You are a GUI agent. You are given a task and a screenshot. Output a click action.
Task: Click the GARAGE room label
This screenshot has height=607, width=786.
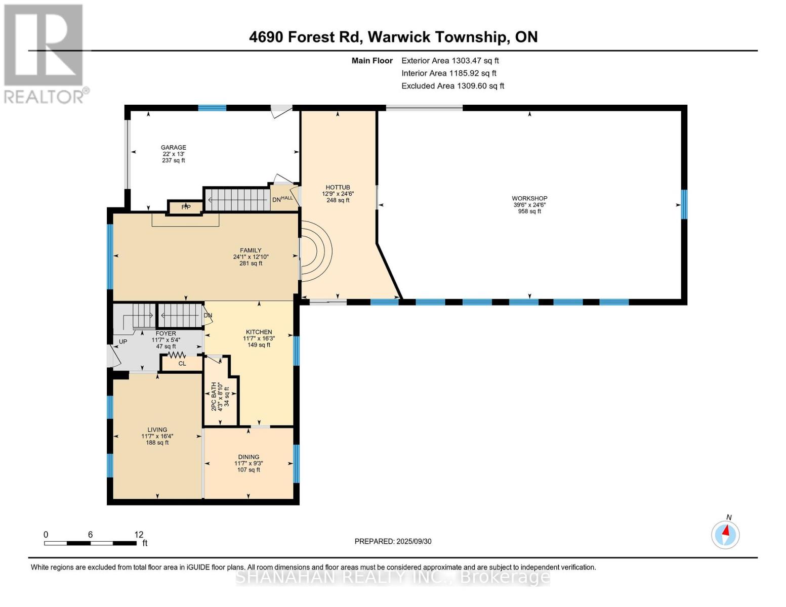173,147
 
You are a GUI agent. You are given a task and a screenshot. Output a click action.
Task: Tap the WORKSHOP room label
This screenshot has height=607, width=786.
529,198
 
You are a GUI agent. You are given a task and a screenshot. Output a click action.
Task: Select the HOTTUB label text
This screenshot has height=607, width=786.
338,187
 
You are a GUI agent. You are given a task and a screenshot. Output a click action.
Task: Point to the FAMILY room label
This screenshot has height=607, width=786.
251,250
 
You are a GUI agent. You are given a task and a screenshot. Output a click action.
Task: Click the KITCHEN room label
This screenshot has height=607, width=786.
259,332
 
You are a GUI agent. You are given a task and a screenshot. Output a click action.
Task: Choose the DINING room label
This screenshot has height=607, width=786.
249,457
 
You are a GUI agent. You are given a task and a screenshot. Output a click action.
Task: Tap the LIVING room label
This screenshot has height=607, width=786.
157,429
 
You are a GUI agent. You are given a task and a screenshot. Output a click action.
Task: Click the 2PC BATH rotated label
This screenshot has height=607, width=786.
214,396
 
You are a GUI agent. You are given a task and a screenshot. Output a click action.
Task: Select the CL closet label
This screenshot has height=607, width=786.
182,363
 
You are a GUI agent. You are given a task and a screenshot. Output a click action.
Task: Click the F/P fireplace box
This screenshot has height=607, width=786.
186,207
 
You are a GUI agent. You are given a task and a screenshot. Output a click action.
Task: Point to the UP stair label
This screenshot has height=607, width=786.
123,341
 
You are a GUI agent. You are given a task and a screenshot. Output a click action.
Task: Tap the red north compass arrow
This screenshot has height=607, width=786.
725,530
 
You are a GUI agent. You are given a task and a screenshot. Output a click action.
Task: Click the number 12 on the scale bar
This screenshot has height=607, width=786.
139,534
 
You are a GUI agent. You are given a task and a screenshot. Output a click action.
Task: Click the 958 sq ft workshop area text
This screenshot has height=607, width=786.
529,211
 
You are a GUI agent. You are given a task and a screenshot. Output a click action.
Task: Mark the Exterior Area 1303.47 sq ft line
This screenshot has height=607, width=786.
450,61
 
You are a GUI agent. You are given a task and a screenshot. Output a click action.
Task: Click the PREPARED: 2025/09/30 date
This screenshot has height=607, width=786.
393,541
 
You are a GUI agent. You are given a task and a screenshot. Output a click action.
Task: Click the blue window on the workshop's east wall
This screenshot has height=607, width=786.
684,204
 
